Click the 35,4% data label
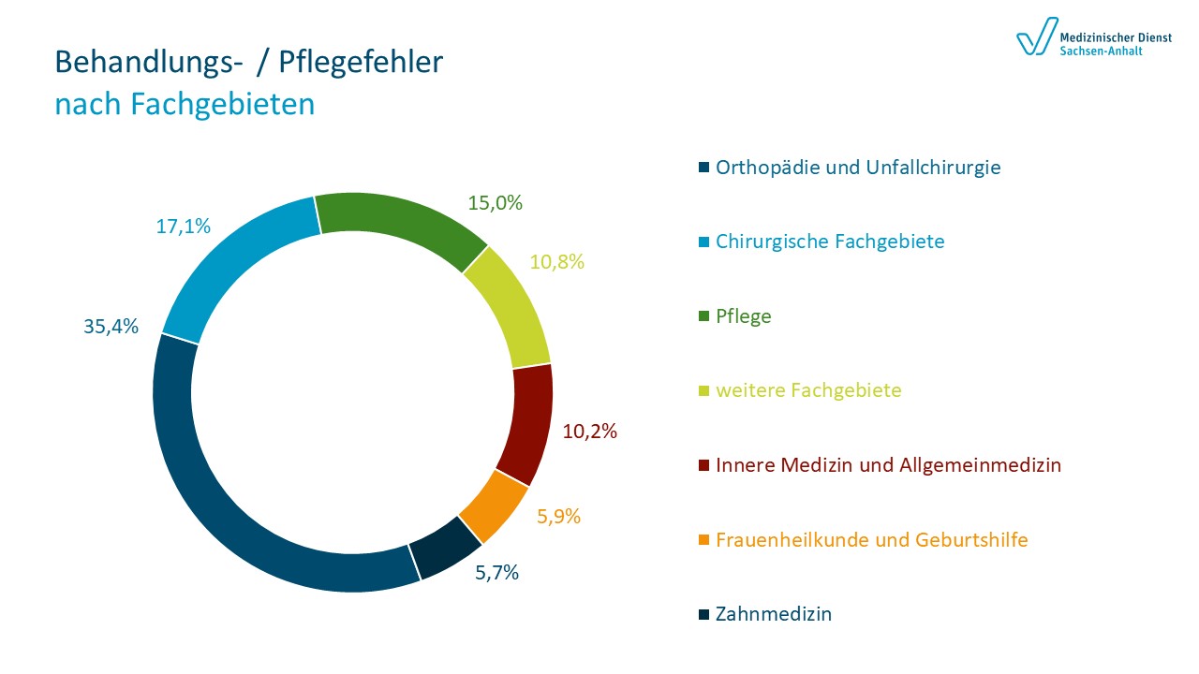(111, 327)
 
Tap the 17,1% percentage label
(183, 227)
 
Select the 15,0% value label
(495, 202)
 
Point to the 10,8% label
(556, 262)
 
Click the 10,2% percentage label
(590, 432)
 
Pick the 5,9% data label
(559, 516)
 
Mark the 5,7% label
(496, 573)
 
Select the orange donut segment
(495, 506)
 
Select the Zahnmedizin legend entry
(774, 614)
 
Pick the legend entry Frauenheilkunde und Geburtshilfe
(871, 540)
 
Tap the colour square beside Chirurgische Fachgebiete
(703, 242)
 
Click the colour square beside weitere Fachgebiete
(703, 391)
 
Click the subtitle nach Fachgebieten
(185, 104)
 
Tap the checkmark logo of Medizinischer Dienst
(1036, 38)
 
